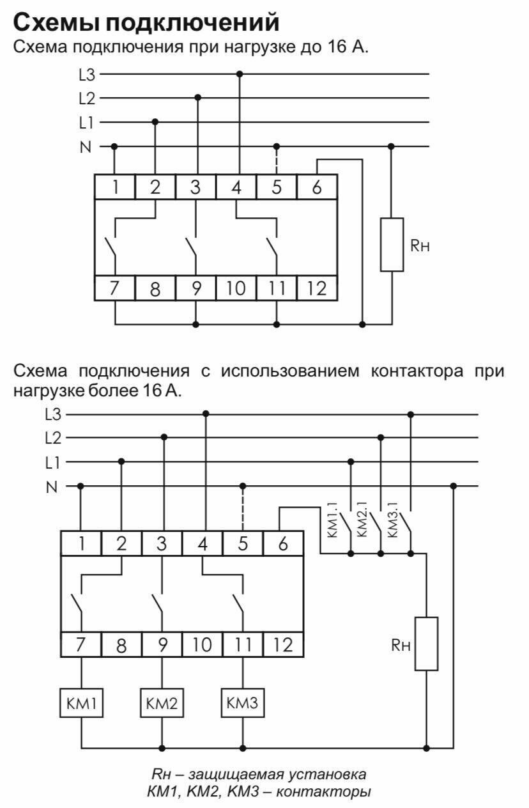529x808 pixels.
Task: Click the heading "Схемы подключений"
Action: pyautogui.click(x=146, y=23)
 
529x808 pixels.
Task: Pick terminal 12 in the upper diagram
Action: pyautogui.click(x=316, y=289)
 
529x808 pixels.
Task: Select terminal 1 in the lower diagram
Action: pyautogui.click(x=81, y=544)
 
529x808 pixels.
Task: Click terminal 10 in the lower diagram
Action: pyautogui.click(x=202, y=645)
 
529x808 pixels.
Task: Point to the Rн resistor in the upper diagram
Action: pyautogui.click(x=392, y=244)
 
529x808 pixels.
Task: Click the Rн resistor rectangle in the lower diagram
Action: pyautogui.click(x=426, y=644)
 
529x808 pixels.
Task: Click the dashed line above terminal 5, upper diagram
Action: pyautogui.click(x=276, y=160)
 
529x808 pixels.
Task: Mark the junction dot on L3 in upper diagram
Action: pyautogui.click(x=240, y=74)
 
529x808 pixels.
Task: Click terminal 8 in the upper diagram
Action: pyautogui.click(x=155, y=289)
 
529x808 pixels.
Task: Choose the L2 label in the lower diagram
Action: pyautogui.click(x=53, y=439)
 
